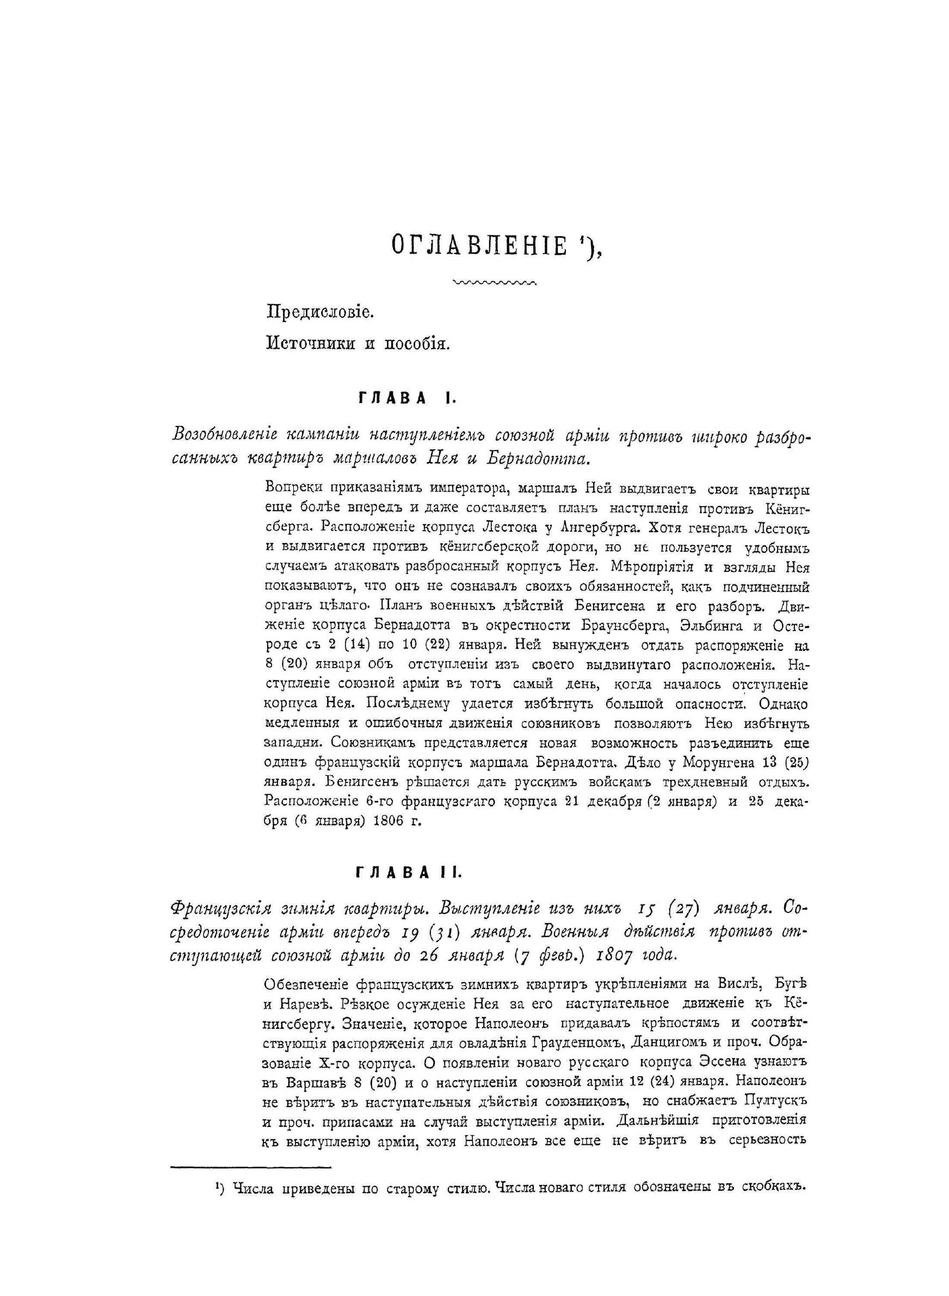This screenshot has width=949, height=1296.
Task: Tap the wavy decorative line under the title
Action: pos(495,282)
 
